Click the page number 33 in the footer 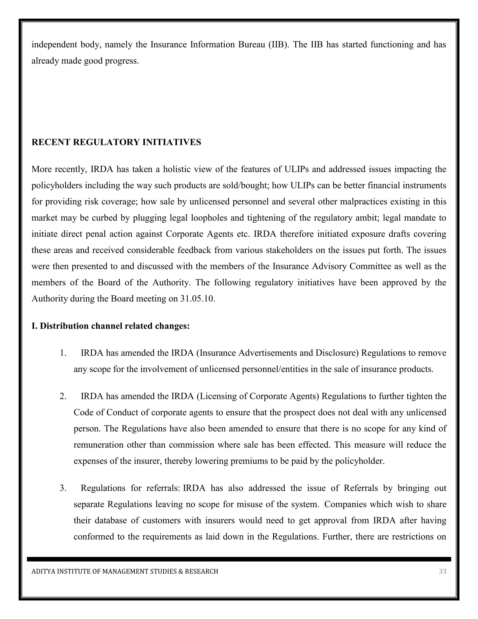pos(442,571)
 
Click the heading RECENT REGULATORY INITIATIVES pos(116,142)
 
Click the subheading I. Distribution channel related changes pos(110,326)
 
